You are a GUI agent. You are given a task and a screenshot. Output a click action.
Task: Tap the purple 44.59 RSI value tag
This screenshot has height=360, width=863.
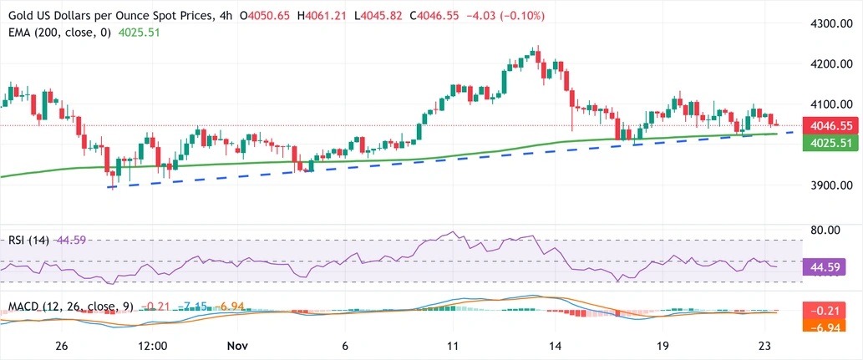pyautogui.click(x=825, y=267)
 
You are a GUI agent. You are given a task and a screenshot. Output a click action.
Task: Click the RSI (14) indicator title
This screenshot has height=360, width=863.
pyautogui.click(x=29, y=240)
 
